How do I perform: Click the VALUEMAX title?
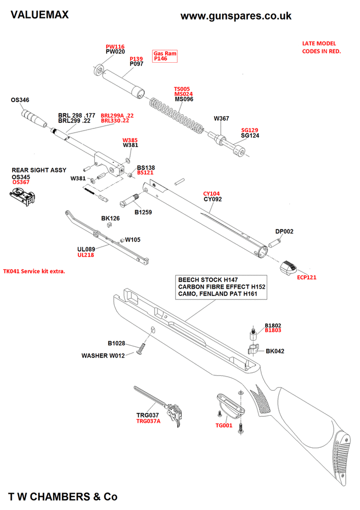tap(39, 15)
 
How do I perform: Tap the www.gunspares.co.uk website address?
tap(236, 16)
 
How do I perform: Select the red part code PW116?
tap(115, 46)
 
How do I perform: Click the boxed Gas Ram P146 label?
tap(164, 56)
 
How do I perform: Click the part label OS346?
tap(20, 100)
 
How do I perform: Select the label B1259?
tap(144, 212)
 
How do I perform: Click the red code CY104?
tap(212, 194)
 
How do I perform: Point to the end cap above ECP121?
tap(289, 266)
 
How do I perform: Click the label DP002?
tap(285, 232)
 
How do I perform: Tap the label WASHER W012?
tap(104, 355)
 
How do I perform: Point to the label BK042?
tap(275, 351)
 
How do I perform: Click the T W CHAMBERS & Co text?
tap(63, 496)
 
